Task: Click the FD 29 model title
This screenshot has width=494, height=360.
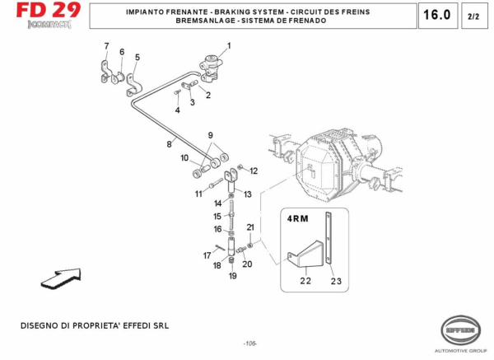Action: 46,12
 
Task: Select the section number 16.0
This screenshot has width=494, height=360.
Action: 436,16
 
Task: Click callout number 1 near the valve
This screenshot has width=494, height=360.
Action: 229,45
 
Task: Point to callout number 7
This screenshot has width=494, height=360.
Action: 105,45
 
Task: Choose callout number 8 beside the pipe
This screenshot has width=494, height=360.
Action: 170,144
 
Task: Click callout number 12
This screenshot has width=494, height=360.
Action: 254,171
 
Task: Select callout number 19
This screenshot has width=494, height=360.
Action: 232,276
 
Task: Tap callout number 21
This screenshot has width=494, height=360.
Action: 250,227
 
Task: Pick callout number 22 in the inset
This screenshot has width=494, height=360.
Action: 305,282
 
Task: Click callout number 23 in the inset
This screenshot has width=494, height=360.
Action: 335,282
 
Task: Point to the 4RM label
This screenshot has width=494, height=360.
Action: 297,219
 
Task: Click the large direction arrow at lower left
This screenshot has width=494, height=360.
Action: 61,278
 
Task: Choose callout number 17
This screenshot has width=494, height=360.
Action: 207,255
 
